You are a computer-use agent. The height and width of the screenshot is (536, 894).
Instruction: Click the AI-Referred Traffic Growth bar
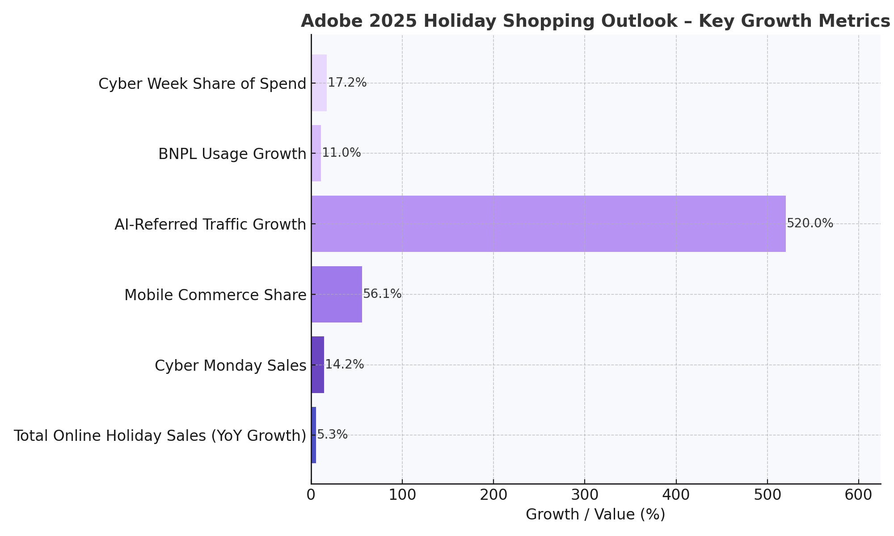(548, 224)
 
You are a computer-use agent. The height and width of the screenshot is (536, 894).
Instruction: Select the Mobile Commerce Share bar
(337, 294)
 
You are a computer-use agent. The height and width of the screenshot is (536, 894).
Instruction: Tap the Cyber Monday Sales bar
(318, 365)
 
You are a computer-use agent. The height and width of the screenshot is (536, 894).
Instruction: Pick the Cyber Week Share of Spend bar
(319, 83)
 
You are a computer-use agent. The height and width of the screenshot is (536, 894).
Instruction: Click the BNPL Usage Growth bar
(316, 153)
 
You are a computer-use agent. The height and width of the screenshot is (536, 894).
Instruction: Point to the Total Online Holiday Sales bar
(314, 435)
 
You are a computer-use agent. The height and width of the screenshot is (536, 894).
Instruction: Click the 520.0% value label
(810, 223)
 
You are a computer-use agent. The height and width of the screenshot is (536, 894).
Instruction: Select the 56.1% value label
(382, 294)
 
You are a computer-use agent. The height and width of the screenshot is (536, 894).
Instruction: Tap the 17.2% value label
(347, 83)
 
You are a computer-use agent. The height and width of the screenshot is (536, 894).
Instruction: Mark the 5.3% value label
(332, 435)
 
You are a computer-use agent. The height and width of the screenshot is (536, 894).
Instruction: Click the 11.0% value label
(342, 153)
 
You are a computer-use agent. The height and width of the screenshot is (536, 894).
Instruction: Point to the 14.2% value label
(344, 364)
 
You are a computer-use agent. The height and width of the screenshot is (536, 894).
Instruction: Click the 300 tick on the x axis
(585, 495)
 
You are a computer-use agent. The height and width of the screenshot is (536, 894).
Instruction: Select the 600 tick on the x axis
(859, 495)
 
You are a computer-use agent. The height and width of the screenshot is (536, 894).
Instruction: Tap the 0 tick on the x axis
(311, 495)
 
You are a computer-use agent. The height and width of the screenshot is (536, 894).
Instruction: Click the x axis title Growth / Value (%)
(595, 515)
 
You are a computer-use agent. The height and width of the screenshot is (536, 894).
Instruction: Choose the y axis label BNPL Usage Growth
(232, 154)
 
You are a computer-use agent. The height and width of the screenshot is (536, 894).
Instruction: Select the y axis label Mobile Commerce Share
(215, 295)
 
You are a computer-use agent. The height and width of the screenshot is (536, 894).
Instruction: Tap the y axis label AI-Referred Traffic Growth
(210, 224)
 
